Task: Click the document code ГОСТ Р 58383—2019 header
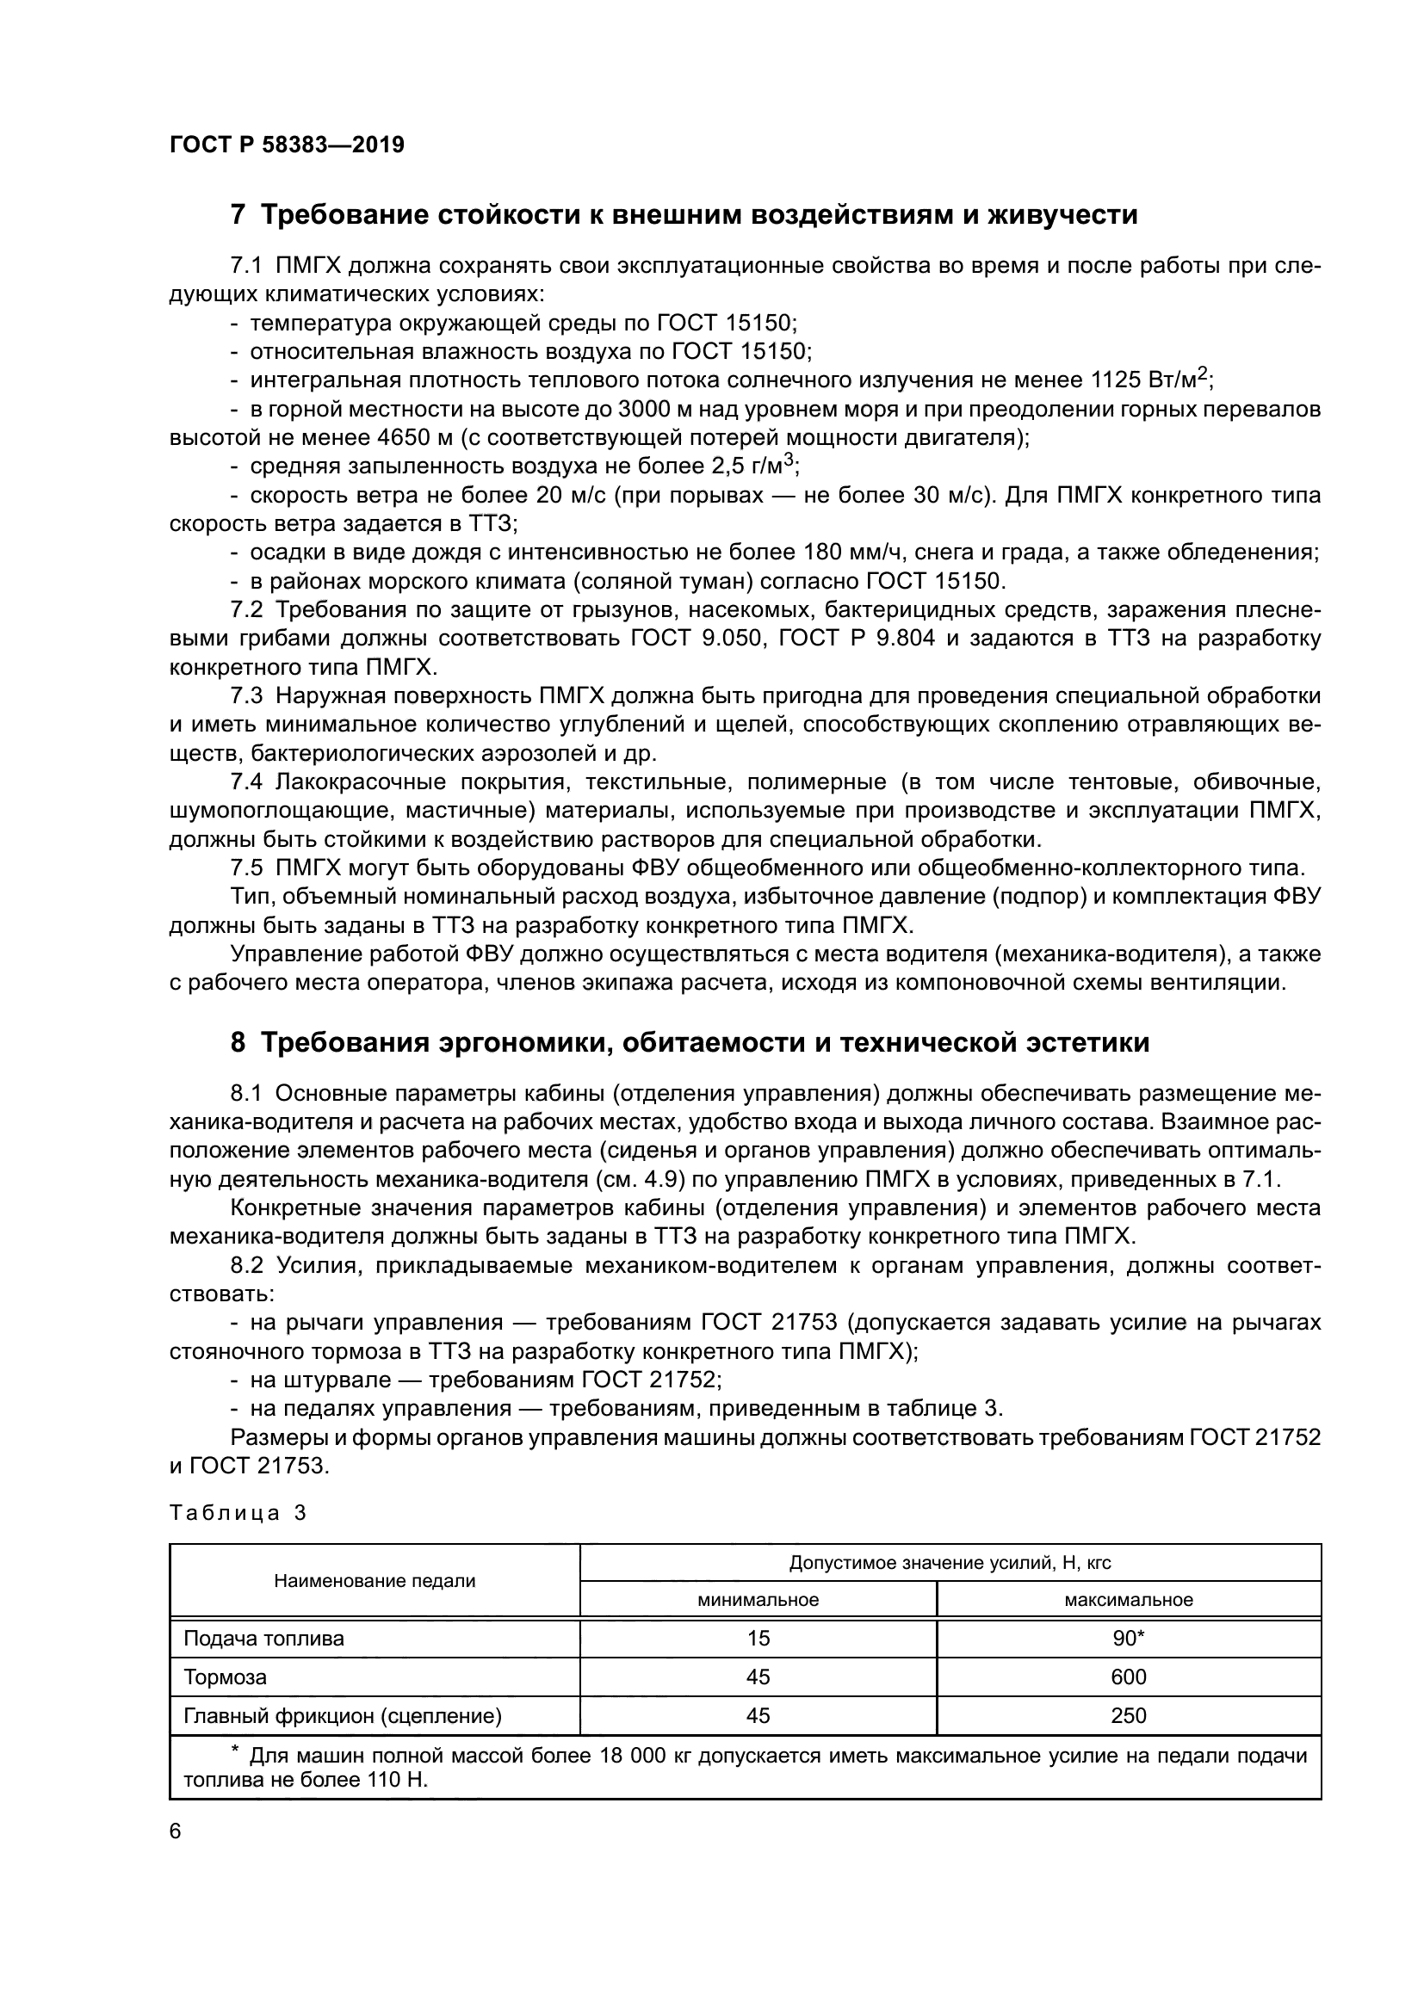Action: tap(287, 145)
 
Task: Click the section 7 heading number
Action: tap(238, 215)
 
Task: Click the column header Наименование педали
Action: tap(375, 1581)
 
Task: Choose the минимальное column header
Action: tap(758, 1599)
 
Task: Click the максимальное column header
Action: tap(1129, 1599)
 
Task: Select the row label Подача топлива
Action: tap(264, 1639)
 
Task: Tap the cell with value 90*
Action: tap(1129, 1639)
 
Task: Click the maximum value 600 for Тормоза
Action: tap(1129, 1677)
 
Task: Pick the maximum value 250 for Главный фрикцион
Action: tap(1129, 1716)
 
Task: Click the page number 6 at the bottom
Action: tap(176, 1831)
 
